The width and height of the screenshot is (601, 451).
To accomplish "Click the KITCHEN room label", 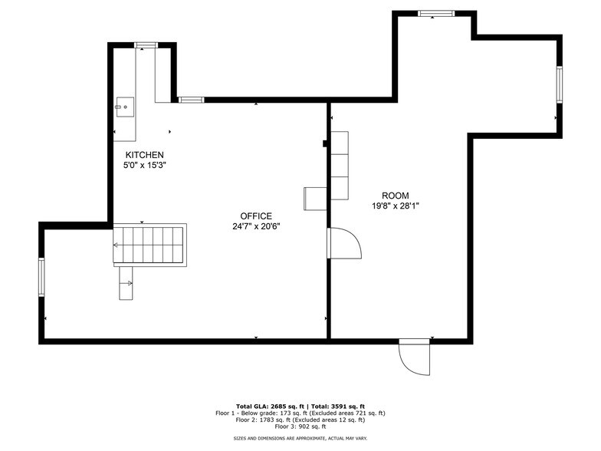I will (145, 155).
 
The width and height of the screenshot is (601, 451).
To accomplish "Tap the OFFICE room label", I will (255, 216).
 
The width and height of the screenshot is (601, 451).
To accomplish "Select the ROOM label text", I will (396, 196).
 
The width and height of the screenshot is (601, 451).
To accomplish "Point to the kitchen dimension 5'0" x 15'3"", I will (145, 165).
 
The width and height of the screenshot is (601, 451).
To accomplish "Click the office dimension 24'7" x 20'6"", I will (255, 226).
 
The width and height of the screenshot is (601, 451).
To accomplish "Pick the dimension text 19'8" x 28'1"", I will (396, 206).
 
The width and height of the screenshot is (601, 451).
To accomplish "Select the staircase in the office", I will (150, 245).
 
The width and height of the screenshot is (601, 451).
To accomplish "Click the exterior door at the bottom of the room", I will (415, 357).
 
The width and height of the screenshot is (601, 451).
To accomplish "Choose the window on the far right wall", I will (560, 85).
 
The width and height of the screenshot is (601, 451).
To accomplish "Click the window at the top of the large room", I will (435, 13).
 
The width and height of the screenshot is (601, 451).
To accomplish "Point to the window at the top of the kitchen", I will (146, 46).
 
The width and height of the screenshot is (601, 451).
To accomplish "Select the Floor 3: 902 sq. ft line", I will (300, 426).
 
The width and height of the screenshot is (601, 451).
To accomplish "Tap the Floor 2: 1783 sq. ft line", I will (300, 420).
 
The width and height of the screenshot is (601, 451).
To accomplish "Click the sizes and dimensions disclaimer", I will (300, 438).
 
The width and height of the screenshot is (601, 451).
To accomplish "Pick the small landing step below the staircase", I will (126, 283).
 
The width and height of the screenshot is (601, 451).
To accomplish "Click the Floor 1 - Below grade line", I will (300, 413).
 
